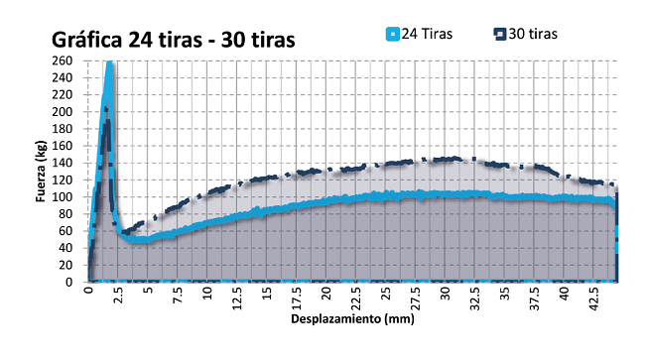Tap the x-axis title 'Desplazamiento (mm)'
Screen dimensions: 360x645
[351, 320]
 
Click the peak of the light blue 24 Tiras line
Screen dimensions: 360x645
[110, 62]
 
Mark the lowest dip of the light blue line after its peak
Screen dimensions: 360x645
[136, 240]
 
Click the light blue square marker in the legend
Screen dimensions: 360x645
[392, 34]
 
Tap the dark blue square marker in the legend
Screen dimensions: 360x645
[500, 34]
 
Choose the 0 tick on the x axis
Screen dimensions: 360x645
[88, 293]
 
